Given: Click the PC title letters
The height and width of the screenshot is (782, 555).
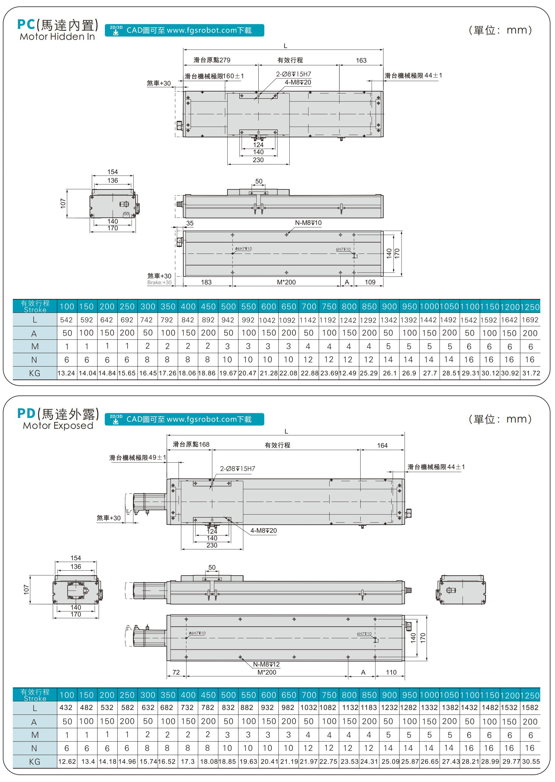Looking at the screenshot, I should [x=26, y=25].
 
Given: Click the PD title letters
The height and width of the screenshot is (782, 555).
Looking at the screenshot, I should [x=26, y=413].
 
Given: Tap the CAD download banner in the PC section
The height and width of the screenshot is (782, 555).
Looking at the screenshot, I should [x=184, y=30].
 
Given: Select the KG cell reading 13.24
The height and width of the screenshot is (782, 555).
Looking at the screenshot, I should [x=66, y=373].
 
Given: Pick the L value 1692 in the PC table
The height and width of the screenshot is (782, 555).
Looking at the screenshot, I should [x=530, y=320].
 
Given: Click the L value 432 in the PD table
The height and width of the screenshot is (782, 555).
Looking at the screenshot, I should [x=66, y=708].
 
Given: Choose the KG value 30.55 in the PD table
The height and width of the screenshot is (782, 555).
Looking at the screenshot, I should [x=531, y=762].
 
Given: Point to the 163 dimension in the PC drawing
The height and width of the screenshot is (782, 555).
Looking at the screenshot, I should [x=361, y=60].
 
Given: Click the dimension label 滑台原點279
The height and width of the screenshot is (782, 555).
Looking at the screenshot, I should [x=212, y=60].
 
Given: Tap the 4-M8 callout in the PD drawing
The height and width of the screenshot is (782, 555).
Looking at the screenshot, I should [x=263, y=531].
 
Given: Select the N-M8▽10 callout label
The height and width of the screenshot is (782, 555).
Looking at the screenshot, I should [x=308, y=223].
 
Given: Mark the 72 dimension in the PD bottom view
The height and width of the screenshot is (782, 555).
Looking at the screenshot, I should [x=176, y=672].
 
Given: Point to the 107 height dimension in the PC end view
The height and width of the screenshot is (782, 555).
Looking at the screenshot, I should [x=63, y=204].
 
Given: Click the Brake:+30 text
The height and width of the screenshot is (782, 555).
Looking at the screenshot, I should [x=159, y=283].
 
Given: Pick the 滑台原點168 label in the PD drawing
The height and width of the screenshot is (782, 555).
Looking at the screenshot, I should [x=191, y=444].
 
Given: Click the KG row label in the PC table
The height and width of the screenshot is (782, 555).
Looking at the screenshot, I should [x=34, y=373].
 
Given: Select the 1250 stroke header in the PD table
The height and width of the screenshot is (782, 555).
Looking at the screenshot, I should [x=530, y=695].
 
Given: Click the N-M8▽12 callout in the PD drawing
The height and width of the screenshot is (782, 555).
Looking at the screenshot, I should [x=266, y=664].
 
